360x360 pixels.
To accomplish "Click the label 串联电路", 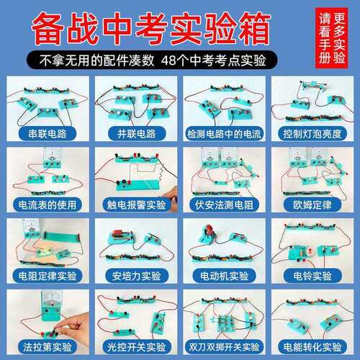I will tap(48, 134).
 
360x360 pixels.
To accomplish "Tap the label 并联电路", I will tap(135, 134).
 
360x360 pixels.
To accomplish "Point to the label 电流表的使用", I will tap(48, 204).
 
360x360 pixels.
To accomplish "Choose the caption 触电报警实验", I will tap(135, 204).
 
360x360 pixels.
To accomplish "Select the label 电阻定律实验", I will tap(48, 276).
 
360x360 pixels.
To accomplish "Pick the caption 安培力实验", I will tap(135, 276).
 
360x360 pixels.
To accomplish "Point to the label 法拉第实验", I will tap(48, 347).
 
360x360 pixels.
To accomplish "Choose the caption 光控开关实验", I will tap(135, 347).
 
